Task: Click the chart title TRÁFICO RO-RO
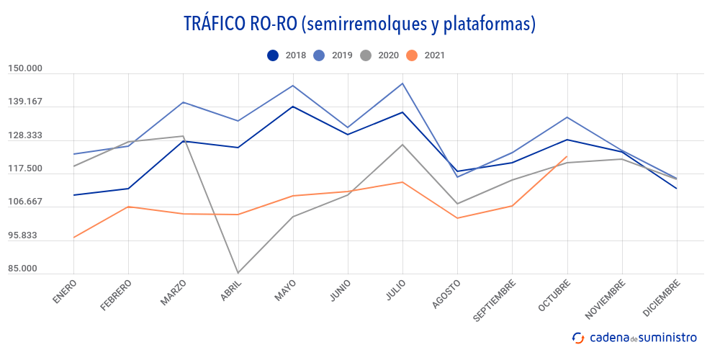tap(360, 24)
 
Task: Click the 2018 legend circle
tap(273, 55)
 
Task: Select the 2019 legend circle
tap(319, 55)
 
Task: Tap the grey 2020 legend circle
tap(366, 55)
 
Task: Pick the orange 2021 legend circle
tap(412, 55)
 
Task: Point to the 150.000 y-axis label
tap(25, 69)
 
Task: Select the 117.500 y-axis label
tap(25, 169)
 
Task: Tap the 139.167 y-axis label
tap(25, 102)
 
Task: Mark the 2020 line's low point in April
tap(238, 273)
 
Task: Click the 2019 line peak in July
tap(402, 84)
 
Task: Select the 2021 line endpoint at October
tap(567, 157)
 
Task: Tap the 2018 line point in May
tap(292, 107)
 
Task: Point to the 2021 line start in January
tap(73, 238)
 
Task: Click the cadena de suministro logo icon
tap(577, 337)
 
